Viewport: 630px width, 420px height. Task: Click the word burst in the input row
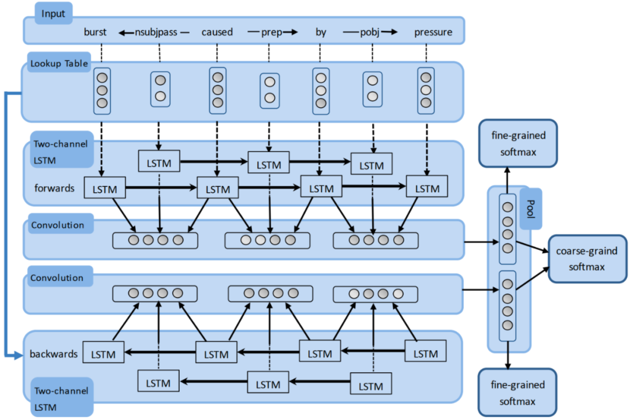pos(95,32)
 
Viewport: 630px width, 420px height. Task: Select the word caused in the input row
pos(217,32)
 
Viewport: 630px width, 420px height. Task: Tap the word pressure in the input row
pos(433,32)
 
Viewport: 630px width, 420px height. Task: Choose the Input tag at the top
pos(54,13)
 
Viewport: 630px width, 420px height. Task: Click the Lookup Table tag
pos(59,63)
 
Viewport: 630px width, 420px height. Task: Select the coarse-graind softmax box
pos(587,259)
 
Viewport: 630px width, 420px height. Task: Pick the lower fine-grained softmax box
pos(518,393)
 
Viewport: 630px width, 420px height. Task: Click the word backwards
pos(53,354)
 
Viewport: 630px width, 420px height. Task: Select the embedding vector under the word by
pos(321,90)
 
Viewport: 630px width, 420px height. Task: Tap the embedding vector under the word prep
pos(269,90)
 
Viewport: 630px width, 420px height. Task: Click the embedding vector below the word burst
pos(103,90)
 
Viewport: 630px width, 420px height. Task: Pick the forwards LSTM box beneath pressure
pos(426,188)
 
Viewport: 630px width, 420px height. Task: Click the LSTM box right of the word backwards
pos(103,354)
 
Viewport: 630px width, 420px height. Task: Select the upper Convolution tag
pos(58,225)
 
